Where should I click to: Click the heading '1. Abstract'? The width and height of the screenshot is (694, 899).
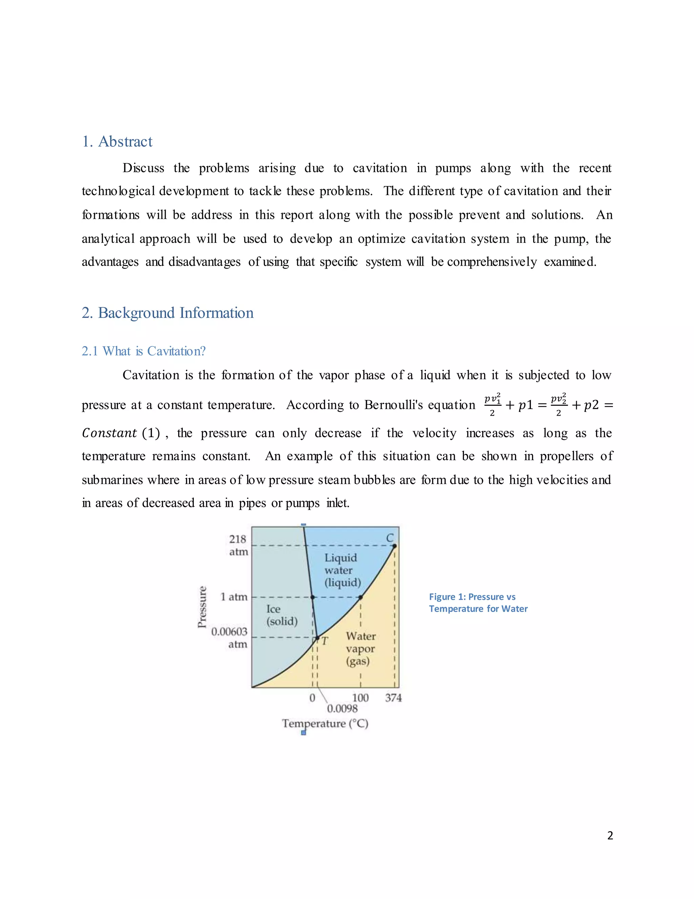click(117, 141)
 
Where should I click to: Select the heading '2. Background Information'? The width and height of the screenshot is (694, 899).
click(167, 313)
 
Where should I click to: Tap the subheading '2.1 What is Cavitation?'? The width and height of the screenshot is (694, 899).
click(143, 351)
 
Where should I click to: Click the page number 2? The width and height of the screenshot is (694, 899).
click(610, 835)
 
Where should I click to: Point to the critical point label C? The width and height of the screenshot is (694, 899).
click(390, 538)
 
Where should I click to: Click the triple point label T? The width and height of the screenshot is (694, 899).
click(325, 641)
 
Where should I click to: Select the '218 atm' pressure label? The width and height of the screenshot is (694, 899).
click(238, 545)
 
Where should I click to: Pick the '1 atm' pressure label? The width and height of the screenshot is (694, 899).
click(234, 597)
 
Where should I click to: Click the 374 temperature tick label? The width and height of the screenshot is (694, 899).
click(393, 698)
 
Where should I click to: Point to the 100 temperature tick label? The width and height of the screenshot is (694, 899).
click(360, 698)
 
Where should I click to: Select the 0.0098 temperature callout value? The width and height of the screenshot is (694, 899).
click(342, 708)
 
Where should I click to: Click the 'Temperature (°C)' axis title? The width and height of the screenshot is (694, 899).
click(325, 724)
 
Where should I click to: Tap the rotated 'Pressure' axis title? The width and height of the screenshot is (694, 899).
click(202, 607)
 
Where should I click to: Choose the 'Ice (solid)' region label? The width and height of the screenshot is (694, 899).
click(281, 615)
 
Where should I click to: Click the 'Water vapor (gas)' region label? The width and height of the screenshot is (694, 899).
click(360, 648)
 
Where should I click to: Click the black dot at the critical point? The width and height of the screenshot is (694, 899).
click(394, 546)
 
